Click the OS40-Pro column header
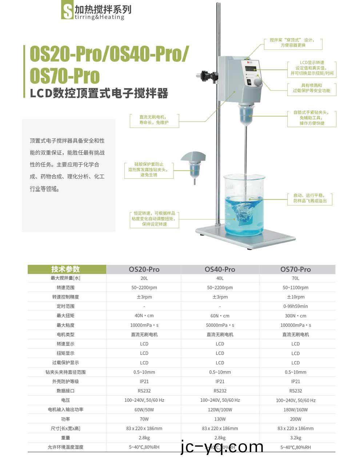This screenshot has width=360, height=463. tap(220, 269)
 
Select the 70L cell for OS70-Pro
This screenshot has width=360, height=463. tap(295, 278)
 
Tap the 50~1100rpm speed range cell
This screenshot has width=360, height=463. tap(295, 288)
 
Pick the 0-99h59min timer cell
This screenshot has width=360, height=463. tap(295, 306)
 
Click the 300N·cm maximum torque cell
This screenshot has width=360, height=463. tap(295, 316)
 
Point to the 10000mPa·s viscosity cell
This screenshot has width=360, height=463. tap(144, 325)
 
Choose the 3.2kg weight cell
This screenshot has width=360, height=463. tap(295, 438)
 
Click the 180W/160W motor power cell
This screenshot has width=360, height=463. tap(295, 409)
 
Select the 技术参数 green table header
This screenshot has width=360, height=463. tap(65, 269)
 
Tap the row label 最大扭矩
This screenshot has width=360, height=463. tap(65, 316)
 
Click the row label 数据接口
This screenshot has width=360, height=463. tap(65, 391)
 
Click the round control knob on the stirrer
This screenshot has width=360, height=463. tap(257, 82)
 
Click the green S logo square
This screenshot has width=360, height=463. tap(67, 11)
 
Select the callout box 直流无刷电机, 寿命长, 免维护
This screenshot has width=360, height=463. tap(155, 120)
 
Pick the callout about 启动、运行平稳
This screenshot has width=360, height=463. tap(310, 198)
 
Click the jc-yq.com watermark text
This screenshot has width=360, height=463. tap(222, 447)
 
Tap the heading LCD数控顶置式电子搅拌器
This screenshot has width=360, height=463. tap(99, 94)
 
